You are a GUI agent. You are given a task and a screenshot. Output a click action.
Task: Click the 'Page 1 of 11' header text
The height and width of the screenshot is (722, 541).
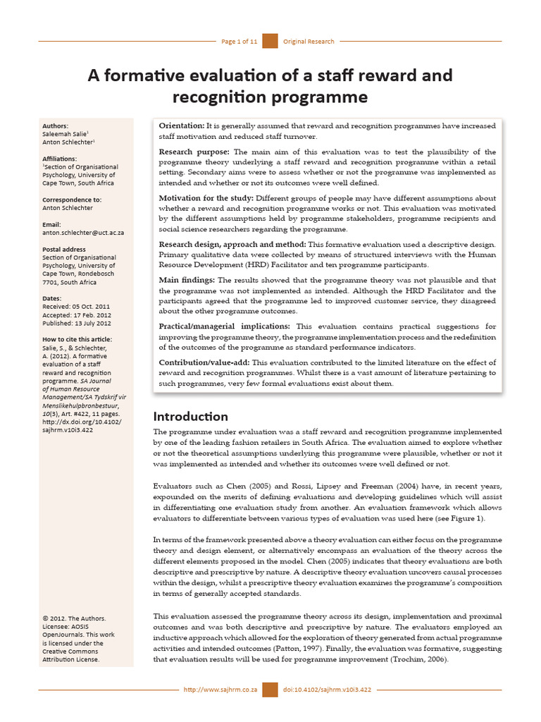(x=239, y=42)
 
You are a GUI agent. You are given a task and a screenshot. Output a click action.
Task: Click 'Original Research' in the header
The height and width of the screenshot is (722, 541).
(x=309, y=42)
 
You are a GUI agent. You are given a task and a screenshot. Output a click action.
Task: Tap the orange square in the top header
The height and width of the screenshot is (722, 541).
(x=270, y=42)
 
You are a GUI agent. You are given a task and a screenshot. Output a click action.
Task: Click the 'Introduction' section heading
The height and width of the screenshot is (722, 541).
(x=190, y=416)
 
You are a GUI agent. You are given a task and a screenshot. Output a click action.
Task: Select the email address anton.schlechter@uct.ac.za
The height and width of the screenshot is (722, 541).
(x=84, y=232)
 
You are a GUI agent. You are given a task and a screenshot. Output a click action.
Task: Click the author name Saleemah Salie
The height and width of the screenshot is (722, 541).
(x=66, y=134)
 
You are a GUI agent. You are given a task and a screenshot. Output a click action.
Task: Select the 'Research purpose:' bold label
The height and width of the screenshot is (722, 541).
(x=194, y=152)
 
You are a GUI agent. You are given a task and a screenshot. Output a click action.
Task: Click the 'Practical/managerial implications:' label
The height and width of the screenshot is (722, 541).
(x=224, y=326)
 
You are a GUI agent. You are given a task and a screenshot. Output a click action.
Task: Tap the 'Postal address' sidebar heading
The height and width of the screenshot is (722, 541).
(x=64, y=249)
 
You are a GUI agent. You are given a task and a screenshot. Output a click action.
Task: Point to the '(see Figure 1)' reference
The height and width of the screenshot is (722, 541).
(x=459, y=519)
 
